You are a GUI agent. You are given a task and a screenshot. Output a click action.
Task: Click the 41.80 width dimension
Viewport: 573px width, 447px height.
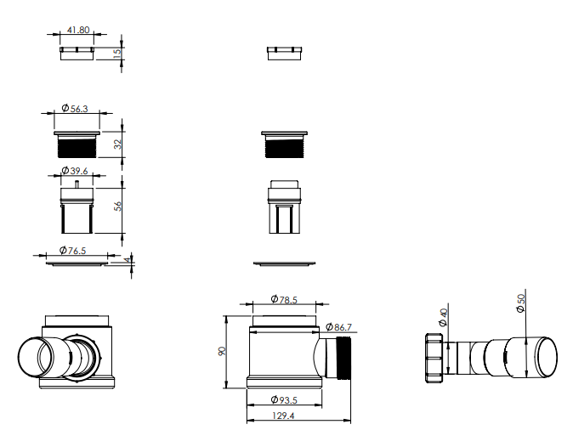coord(78,30)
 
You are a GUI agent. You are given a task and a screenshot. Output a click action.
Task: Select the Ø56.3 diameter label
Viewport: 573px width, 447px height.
coord(75,109)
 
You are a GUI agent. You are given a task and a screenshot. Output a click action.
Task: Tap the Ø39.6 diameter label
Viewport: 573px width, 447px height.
coord(75,171)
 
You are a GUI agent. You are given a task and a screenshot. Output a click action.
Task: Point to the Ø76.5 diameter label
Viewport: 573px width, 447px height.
coord(73,251)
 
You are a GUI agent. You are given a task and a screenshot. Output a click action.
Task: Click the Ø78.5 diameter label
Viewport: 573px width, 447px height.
coord(284,299)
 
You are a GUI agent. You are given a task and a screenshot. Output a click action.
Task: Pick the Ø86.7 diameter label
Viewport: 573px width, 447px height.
coord(338,327)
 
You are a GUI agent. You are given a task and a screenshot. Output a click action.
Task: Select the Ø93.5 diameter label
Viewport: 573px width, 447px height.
coord(284,400)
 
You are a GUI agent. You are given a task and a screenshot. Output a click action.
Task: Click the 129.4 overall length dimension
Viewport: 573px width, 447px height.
coord(283,416)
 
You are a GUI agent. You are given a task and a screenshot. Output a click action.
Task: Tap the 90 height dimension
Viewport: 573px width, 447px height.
coord(222,351)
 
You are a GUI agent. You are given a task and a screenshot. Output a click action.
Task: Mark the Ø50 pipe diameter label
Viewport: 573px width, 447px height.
coord(521,303)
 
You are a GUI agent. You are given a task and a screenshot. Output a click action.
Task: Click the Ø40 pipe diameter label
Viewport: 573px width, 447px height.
coord(443,317)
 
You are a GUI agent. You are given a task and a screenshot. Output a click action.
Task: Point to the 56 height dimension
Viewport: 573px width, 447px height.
coord(117,207)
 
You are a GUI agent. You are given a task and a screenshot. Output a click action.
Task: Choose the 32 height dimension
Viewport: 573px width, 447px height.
coord(117,144)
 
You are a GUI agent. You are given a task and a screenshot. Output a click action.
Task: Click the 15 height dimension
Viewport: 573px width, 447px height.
coord(116,52)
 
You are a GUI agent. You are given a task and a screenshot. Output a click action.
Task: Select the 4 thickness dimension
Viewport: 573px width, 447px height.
coord(128,260)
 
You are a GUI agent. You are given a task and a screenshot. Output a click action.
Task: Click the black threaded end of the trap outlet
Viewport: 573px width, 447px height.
coord(343,359)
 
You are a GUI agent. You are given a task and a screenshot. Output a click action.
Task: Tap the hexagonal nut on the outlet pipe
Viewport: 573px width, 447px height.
coord(434,359)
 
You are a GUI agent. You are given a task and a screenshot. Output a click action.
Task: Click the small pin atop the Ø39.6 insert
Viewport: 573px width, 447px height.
coord(77,184)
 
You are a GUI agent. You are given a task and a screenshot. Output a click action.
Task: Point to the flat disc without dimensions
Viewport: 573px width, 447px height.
coord(284,263)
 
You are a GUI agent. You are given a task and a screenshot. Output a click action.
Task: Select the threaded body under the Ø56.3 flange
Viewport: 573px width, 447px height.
coord(77,146)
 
